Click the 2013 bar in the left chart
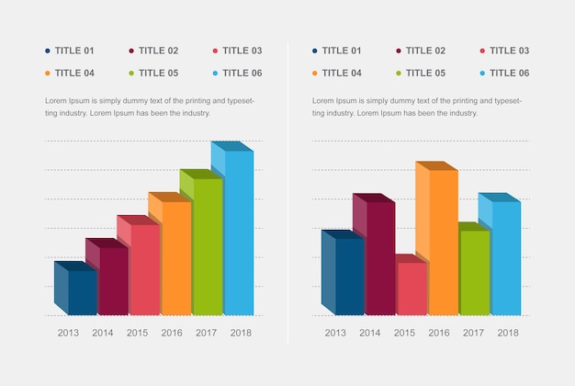81,291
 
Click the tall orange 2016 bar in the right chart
442,242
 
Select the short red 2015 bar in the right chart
411,289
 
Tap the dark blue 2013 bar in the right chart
348,276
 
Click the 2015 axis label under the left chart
138,333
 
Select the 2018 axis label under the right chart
507,333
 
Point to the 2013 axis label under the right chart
335,333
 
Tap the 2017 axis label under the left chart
206,333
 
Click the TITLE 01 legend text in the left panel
74,51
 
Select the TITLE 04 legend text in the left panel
74,73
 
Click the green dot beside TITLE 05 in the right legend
399,73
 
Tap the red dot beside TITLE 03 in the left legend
215,51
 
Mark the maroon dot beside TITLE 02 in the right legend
399,51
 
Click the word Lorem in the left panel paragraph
56,100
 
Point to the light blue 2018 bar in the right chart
504,257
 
